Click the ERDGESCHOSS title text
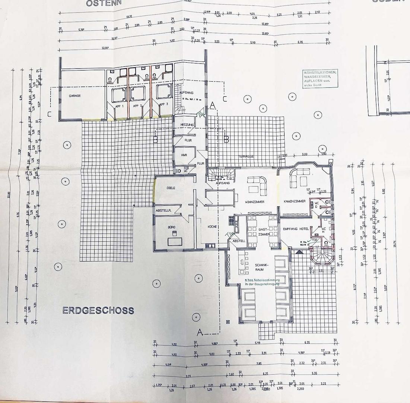click(98, 310)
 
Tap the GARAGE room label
click(74, 96)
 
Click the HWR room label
click(184, 154)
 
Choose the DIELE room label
click(171, 188)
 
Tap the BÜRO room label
click(171, 227)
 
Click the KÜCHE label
click(212, 227)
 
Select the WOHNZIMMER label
click(255, 202)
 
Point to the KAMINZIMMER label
click(294, 201)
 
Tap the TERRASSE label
click(246, 156)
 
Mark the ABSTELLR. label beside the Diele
click(163, 211)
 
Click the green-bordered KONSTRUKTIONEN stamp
click(320, 78)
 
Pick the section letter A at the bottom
click(200, 331)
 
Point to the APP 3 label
click(164, 105)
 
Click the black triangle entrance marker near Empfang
click(298, 252)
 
